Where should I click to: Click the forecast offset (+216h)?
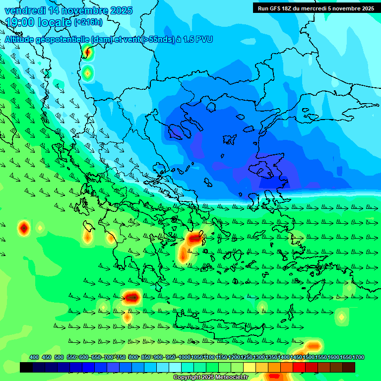click(88, 22)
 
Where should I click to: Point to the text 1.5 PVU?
click(197, 39)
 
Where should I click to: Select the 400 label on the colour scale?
click(34, 358)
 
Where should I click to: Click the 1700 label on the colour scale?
click(358, 358)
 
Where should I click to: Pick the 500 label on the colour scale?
click(59, 358)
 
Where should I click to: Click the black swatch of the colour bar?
click(26, 367)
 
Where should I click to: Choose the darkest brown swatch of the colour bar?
click(349, 367)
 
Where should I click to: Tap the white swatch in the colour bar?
click(175, 367)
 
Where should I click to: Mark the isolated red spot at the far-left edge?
click(24, 228)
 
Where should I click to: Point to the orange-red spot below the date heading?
click(88, 51)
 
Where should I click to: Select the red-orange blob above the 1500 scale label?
click(313, 346)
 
